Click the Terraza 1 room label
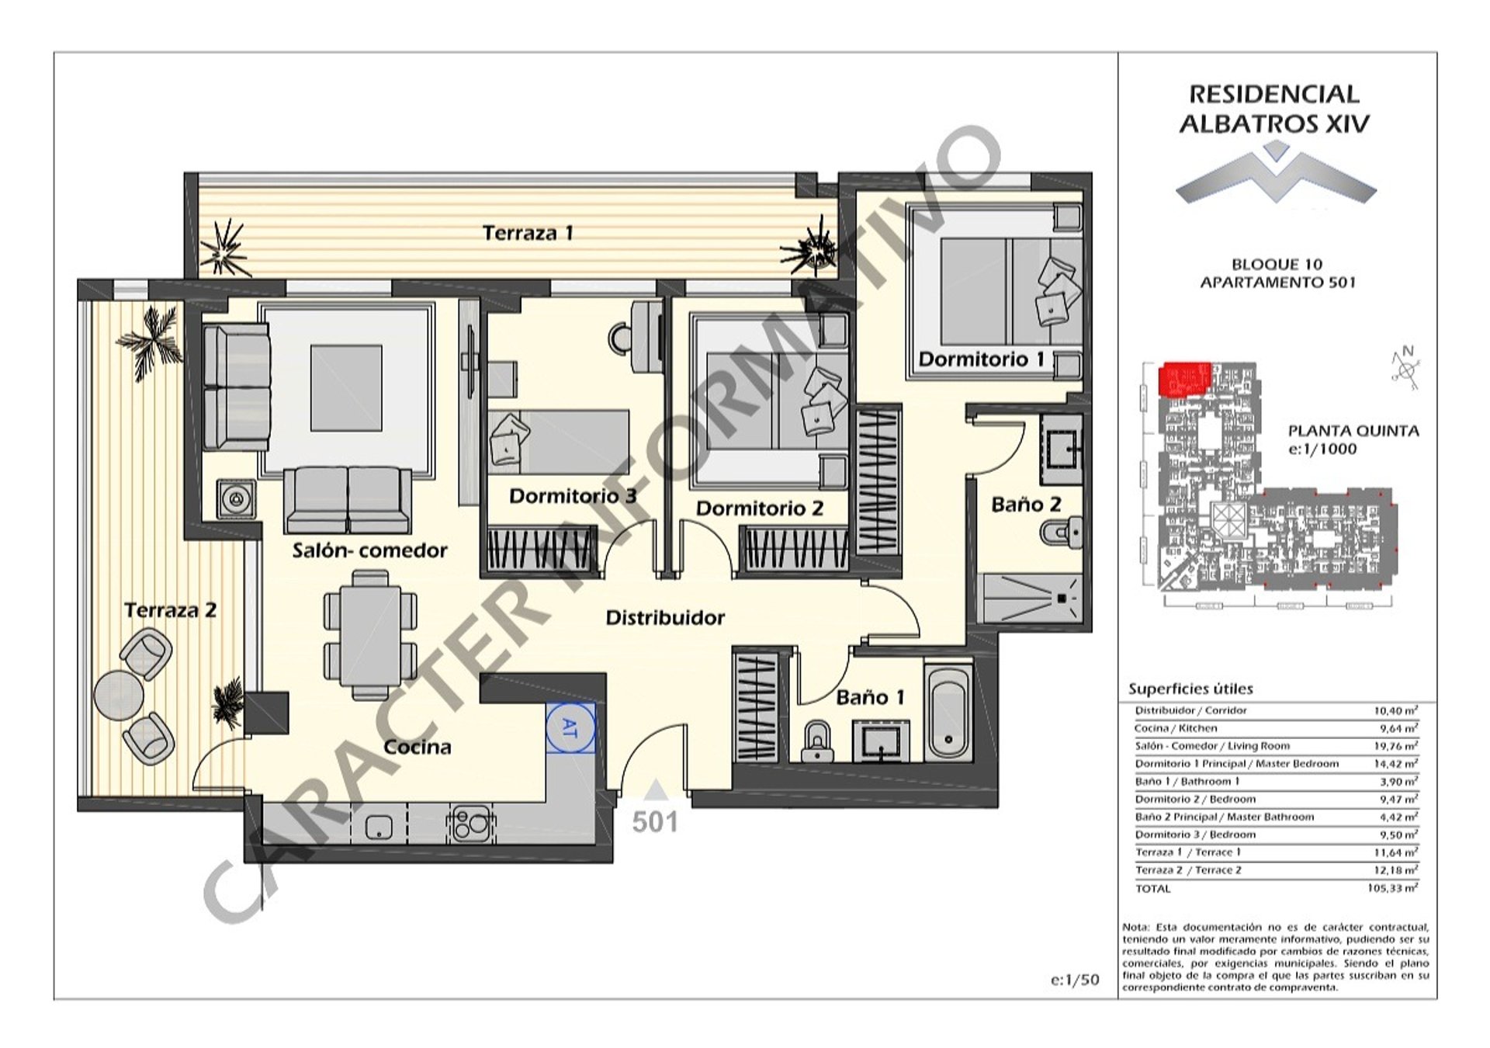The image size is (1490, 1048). [528, 233]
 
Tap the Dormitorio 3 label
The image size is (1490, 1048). [573, 495]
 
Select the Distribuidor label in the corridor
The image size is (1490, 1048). [665, 618]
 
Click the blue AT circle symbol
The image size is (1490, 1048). [570, 728]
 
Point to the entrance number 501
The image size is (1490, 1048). [655, 822]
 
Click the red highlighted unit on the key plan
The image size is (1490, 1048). [1184, 378]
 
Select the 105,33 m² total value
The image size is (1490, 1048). [1392, 888]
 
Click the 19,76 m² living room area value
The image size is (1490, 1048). [1395, 746]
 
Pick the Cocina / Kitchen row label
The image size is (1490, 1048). [1176, 728]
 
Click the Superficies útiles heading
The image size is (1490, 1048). [1190, 689]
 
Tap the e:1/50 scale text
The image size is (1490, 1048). [1075, 980]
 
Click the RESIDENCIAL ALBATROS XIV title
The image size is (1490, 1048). [1274, 109]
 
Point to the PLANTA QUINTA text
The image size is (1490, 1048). [1353, 431]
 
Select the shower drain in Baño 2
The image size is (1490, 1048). [1061, 599]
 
